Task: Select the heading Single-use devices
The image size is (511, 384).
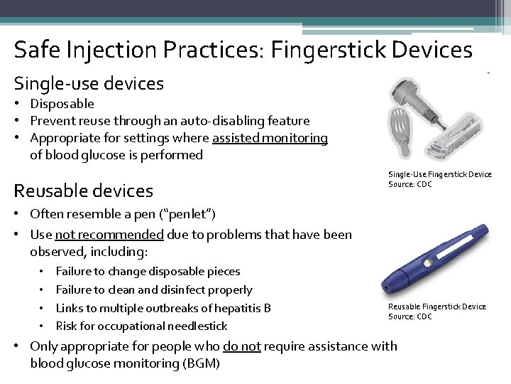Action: [x=89, y=84]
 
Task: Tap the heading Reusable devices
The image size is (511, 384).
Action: [x=84, y=191]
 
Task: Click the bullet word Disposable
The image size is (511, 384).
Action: [x=62, y=104]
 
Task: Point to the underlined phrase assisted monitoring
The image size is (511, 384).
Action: [x=269, y=138]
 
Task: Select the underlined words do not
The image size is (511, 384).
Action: [x=239, y=346]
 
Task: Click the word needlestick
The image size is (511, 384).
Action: [x=193, y=326]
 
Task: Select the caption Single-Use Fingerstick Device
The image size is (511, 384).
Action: [x=439, y=174]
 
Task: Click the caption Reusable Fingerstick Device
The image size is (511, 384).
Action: [x=436, y=306]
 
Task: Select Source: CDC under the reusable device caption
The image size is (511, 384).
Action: [x=410, y=316]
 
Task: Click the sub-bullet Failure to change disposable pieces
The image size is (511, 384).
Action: [x=148, y=271]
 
